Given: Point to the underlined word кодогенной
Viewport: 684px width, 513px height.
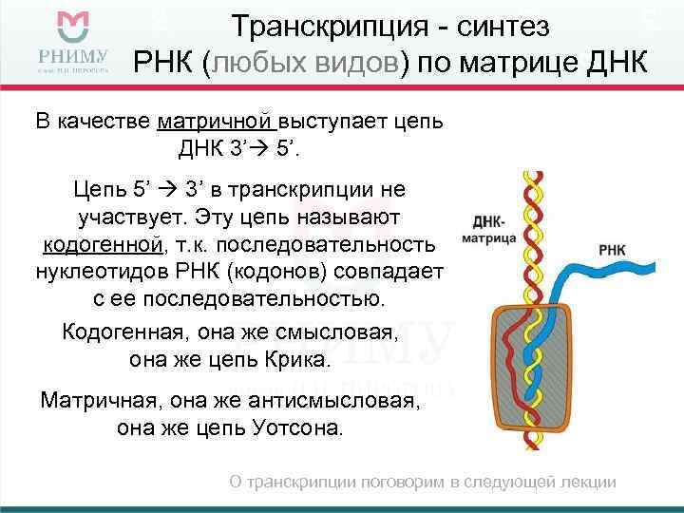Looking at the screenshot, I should click(102, 245).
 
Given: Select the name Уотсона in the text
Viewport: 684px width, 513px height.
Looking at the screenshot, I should click(300, 427).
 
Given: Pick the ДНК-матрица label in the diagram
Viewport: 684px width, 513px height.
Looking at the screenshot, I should click(489, 229).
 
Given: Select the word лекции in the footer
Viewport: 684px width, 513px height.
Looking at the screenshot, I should click(589, 483).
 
